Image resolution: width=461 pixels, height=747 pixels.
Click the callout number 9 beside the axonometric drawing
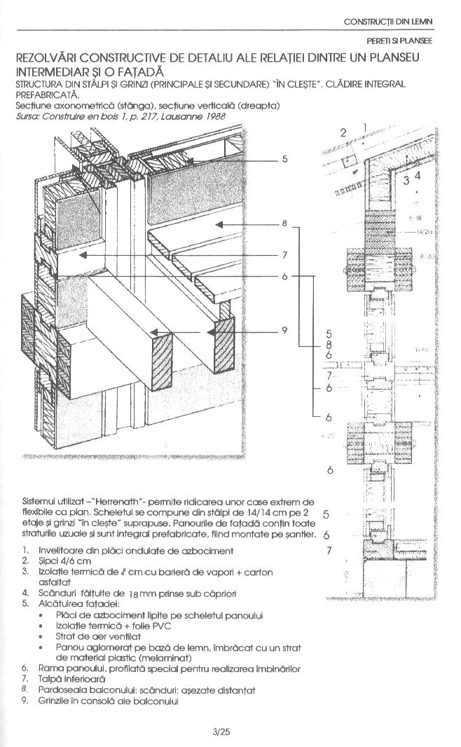click(285, 330)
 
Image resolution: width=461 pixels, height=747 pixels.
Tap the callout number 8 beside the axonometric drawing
click(285, 224)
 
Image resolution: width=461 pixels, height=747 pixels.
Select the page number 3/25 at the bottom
click(221, 732)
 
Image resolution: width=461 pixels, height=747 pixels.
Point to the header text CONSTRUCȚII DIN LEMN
click(387, 22)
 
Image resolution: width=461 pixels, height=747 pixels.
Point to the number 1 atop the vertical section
click(364, 127)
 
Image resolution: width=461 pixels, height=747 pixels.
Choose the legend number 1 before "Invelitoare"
click(25, 551)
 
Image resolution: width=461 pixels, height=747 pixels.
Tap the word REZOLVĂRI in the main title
click(50, 57)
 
